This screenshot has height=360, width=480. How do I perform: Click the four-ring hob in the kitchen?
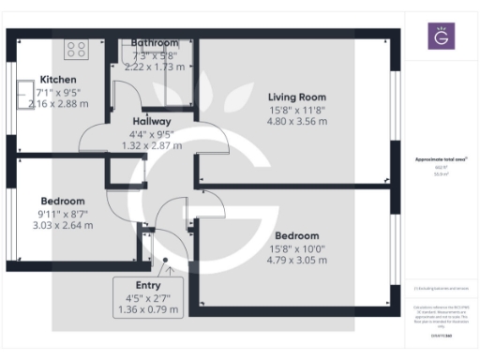pyautogui.click(x=76, y=48)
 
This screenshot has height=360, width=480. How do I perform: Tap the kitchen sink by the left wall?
pyautogui.click(x=20, y=95)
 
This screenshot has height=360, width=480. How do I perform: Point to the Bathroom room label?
pyautogui.click(x=155, y=43)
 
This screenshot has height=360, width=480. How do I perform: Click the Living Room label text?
pyautogui.click(x=296, y=97)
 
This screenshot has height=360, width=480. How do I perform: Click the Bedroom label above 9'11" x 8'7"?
pyautogui.click(x=63, y=201)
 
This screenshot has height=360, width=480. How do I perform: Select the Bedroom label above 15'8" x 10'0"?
pyautogui.click(x=296, y=235)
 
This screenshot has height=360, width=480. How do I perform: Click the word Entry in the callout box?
pyautogui.click(x=147, y=285)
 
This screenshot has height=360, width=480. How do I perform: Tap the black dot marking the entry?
pyautogui.click(x=166, y=262)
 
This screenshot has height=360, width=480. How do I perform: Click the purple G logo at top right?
pyautogui.click(x=441, y=37)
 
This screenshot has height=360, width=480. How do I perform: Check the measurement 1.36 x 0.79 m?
pyautogui.click(x=147, y=309)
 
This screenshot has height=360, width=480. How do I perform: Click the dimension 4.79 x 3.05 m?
pyautogui.click(x=296, y=260)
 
